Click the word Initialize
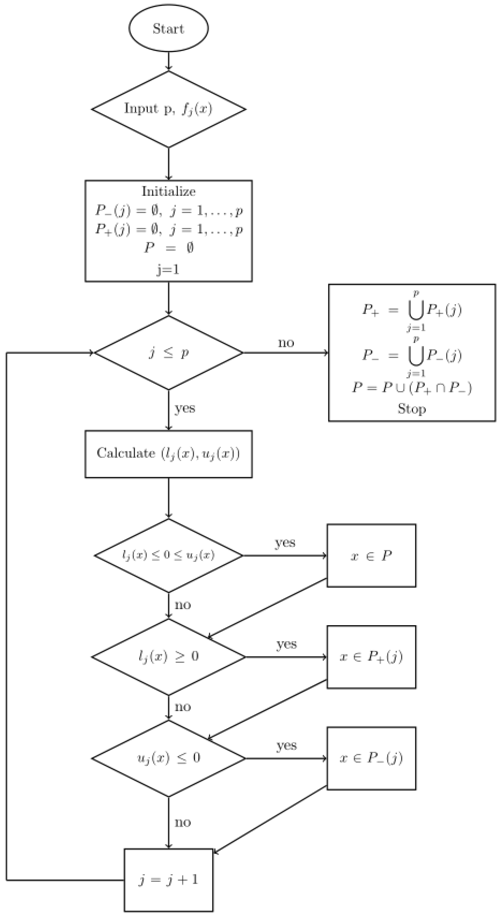[x=169, y=192]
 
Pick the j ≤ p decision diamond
[x=169, y=353]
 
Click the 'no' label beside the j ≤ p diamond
[x=286, y=343]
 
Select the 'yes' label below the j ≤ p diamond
[x=185, y=408]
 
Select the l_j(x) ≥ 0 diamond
[x=169, y=656]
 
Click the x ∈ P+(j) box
[x=371, y=657]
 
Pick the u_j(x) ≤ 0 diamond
[x=169, y=758]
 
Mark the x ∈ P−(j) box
[x=371, y=758]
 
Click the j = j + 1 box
[x=169, y=880]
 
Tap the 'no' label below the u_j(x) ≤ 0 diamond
[x=183, y=822]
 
